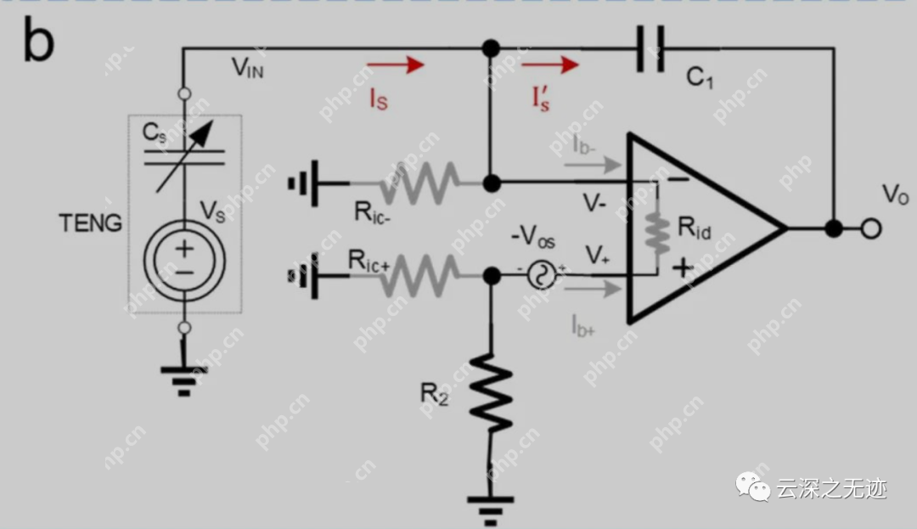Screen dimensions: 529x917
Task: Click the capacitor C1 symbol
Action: (x=650, y=49)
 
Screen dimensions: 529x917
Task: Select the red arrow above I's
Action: (x=550, y=64)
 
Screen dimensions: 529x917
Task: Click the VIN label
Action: (x=248, y=69)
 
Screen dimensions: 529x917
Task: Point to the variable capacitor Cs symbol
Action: (x=184, y=153)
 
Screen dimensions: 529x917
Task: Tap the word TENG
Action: (x=90, y=223)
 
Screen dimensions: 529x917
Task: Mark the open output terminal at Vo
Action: (x=870, y=228)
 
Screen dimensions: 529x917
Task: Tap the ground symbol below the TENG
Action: (x=184, y=379)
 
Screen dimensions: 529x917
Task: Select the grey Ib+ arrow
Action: (x=598, y=290)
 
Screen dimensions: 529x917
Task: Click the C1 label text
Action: (x=700, y=78)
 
